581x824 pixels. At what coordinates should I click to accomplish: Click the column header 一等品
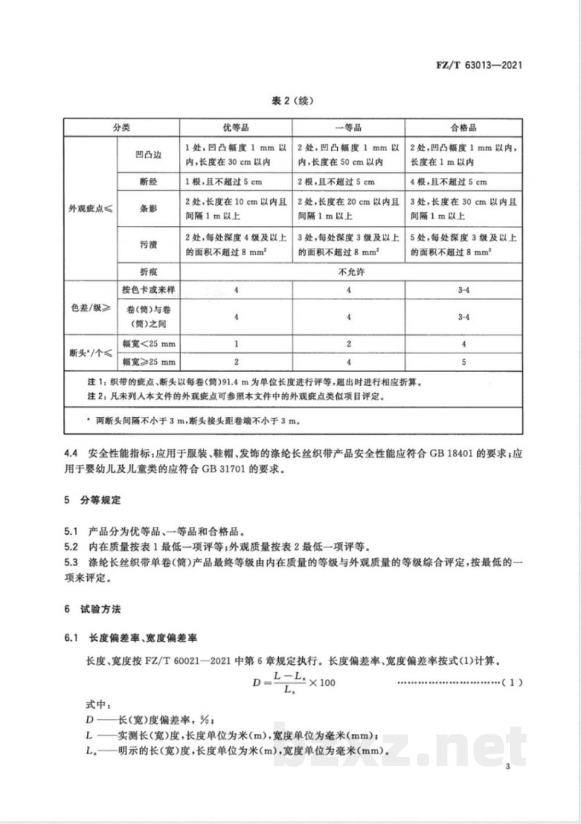coord(346,127)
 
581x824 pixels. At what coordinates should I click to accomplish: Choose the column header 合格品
coord(463,127)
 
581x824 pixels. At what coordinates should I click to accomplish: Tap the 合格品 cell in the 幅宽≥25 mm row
coord(463,361)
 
